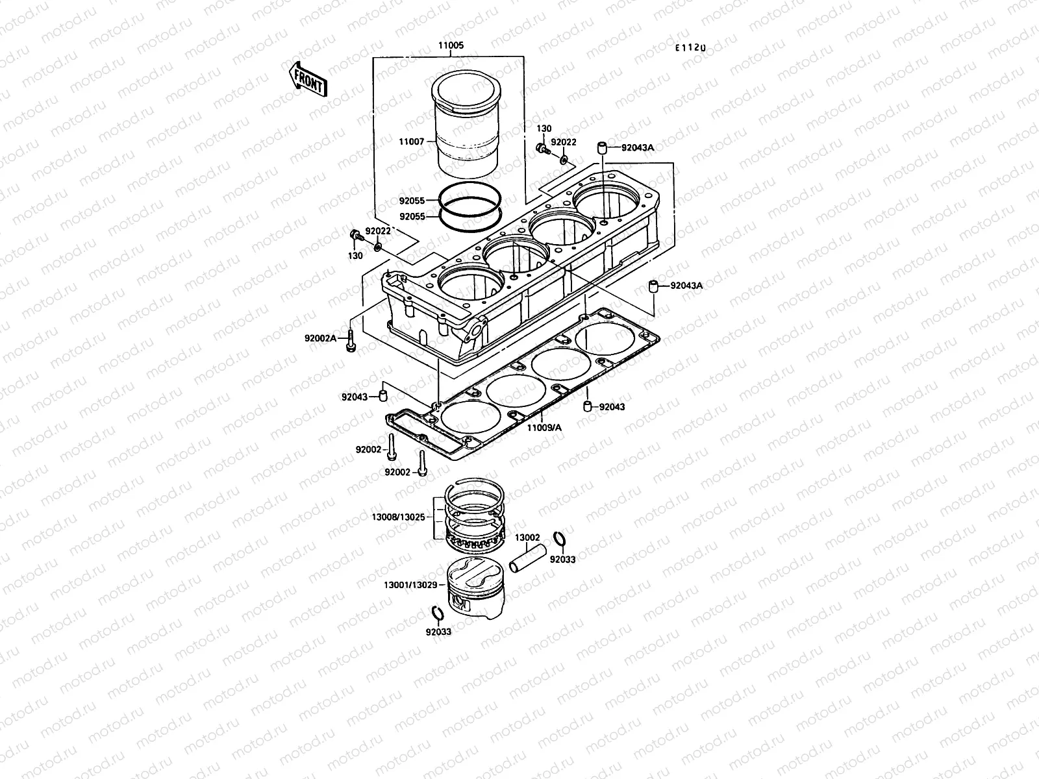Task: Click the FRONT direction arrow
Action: tap(307, 80)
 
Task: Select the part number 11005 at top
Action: tap(451, 46)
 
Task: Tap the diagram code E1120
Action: tap(690, 47)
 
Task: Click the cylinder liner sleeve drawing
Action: tap(467, 127)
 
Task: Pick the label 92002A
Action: tap(321, 338)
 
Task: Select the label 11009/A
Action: tap(544, 427)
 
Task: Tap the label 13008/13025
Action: tap(398, 517)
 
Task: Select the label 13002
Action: tap(527, 538)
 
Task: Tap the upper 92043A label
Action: tap(637, 147)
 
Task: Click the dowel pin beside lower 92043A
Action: tap(656, 286)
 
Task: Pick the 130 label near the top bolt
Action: tap(545, 129)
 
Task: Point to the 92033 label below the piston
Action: tap(438, 631)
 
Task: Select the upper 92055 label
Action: tap(412, 201)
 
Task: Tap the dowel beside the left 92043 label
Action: tap(384, 395)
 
